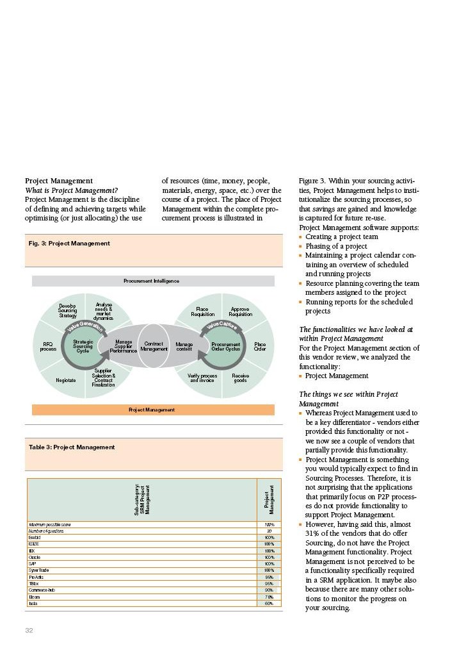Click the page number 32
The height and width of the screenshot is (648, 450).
coord(29,631)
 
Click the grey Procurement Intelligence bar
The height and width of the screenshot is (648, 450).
coord(152,281)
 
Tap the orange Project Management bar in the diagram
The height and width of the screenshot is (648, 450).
coord(152,410)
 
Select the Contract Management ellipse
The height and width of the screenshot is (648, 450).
coord(154,346)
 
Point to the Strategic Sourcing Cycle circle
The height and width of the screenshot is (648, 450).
coord(83,346)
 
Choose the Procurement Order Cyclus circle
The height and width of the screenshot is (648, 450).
coord(225,346)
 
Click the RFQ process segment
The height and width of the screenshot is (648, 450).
coord(48,346)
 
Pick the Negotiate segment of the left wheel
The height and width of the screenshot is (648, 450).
coord(65,380)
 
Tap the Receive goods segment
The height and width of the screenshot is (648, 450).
coord(241,378)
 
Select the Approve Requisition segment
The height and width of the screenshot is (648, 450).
coord(241,312)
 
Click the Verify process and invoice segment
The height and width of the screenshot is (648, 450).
coord(202,378)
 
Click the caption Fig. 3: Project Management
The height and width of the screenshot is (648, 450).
coord(69,244)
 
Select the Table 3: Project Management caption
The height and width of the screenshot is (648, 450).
coord(72,447)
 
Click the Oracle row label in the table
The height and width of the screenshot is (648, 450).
coord(35,557)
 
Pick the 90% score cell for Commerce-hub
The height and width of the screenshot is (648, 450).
coord(269,590)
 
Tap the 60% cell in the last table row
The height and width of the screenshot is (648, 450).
coord(269,603)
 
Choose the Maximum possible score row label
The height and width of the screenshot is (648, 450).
coord(50,524)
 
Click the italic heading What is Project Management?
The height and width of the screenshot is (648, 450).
coord(71,190)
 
